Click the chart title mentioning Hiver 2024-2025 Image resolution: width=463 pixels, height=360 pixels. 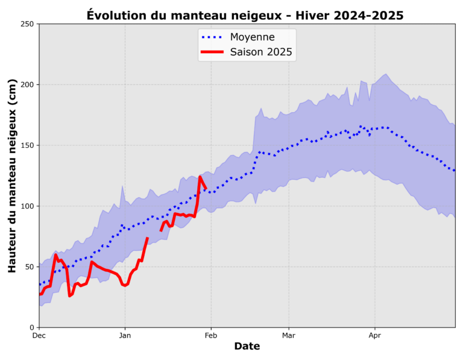(x=245, y=14)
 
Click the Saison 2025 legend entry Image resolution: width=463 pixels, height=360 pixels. (x=261, y=52)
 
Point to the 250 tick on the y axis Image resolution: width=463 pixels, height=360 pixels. (x=27, y=24)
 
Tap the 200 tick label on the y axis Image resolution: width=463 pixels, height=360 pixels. (x=27, y=85)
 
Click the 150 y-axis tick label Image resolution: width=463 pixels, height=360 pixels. (x=27, y=145)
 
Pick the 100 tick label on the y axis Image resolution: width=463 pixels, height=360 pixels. (x=27, y=206)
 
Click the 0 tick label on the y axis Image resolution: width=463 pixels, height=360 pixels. (x=31, y=327)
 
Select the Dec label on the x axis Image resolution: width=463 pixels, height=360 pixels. (x=39, y=336)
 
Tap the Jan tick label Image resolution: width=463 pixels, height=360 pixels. (x=125, y=336)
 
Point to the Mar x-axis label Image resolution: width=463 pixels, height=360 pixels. (x=288, y=336)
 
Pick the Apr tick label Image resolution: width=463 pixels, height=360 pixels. (x=374, y=336)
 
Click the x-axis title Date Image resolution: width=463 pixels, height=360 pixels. (x=247, y=347)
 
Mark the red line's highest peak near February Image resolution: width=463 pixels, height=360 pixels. (x=200, y=177)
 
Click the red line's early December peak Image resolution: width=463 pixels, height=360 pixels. (x=55, y=255)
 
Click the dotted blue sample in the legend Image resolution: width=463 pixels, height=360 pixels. (x=212, y=37)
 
